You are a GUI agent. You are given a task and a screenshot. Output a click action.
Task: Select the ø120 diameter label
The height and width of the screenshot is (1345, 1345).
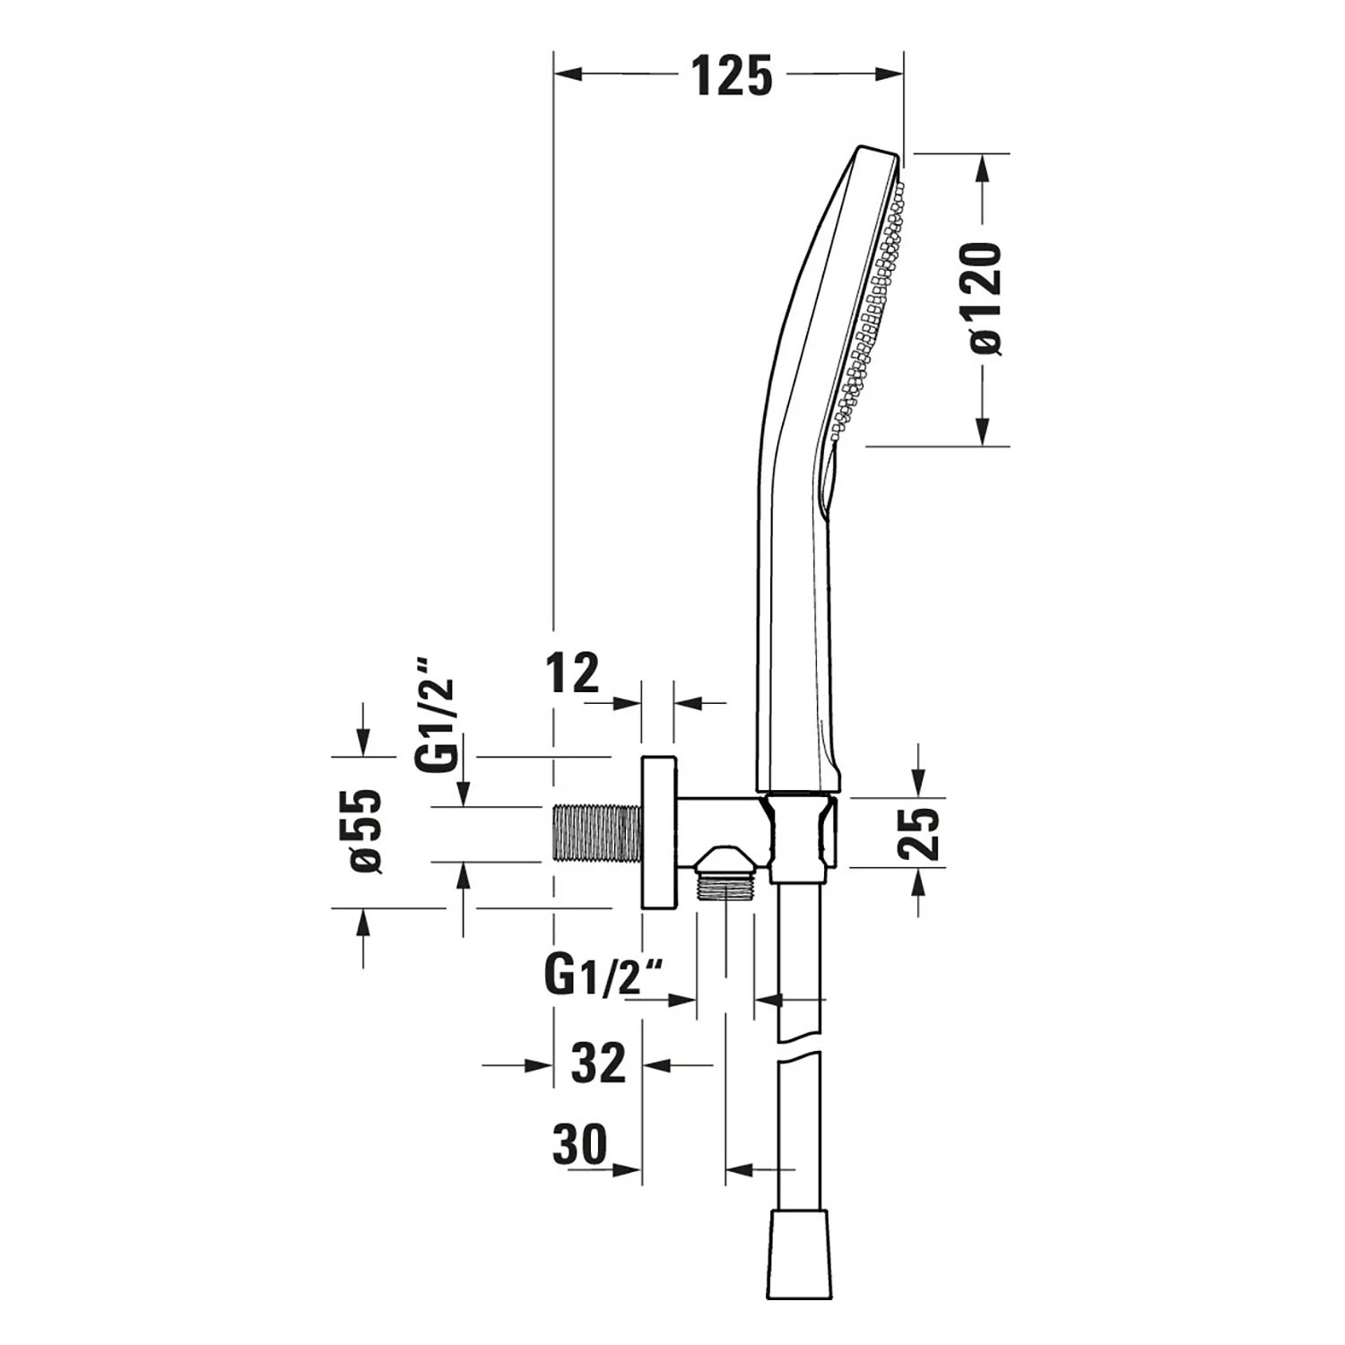tap(984, 299)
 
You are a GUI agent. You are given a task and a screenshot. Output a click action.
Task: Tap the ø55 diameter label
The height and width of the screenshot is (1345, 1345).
tap(365, 831)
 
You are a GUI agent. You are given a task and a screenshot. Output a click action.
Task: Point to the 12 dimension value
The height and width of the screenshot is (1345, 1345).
tap(573, 672)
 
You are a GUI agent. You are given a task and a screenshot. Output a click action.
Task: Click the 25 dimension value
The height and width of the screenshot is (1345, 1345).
tap(921, 834)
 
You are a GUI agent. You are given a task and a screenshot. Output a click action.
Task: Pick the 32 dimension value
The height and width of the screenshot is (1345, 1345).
tap(598, 1063)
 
